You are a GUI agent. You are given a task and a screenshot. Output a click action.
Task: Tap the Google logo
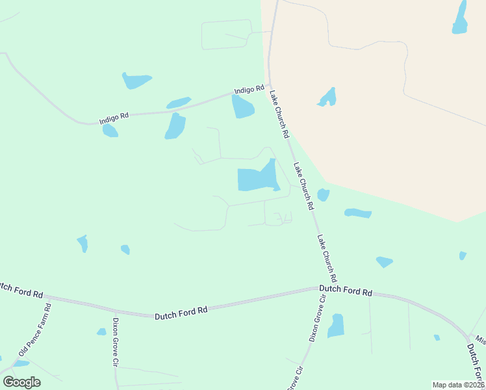click(x=21, y=382)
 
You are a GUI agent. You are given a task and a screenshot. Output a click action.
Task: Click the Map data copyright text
click(x=458, y=385)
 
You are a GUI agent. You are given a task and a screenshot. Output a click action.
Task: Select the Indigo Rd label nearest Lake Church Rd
click(x=250, y=90)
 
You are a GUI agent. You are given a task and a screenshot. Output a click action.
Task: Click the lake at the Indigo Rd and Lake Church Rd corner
click(x=242, y=107)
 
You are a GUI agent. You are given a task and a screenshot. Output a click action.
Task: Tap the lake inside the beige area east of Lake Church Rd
click(x=327, y=98)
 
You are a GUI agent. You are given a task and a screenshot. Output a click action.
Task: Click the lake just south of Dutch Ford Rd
click(x=335, y=326)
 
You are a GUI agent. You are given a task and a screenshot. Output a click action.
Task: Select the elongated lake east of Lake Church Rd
click(x=357, y=213)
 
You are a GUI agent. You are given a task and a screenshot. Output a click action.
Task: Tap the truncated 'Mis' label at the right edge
click(x=480, y=339)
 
